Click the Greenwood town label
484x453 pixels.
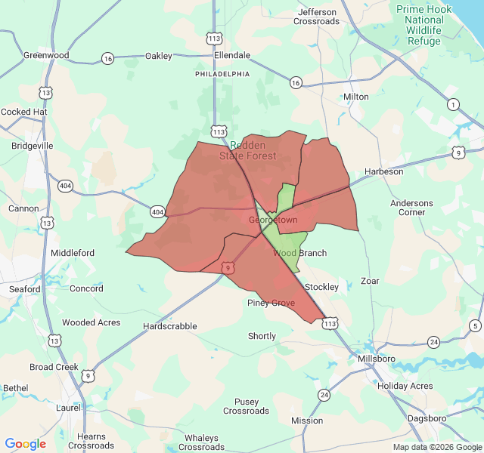(46, 55)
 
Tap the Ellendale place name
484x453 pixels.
(232, 55)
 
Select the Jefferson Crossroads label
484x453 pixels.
(318, 17)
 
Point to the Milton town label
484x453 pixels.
(356, 97)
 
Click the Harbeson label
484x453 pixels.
(384, 171)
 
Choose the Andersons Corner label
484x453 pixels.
(412, 208)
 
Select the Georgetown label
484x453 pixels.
(273, 220)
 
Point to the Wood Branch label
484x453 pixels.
(300, 253)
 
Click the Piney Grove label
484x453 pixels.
(271, 303)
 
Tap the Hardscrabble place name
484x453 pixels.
(170, 326)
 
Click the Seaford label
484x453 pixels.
(25, 289)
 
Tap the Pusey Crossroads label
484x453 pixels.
(246, 406)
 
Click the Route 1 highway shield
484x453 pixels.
(453, 104)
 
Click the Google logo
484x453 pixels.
(26, 444)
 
